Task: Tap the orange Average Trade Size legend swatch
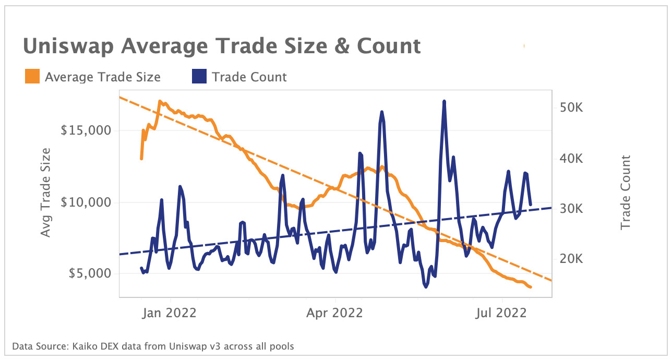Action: pyautogui.click(x=32, y=77)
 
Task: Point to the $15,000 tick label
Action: pyautogui.click(x=86, y=130)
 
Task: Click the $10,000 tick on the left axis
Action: pyautogui.click(x=86, y=202)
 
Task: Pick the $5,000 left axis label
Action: pyautogui.click(x=90, y=273)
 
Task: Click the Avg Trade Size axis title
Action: pyautogui.click(x=46, y=192)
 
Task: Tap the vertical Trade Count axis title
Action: pyautogui.click(x=626, y=193)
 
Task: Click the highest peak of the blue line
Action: pyautogui.click(x=444, y=101)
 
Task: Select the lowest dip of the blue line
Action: pyautogui.click(x=426, y=287)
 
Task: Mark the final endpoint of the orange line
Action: pyautogui.click(x=531, y=287)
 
